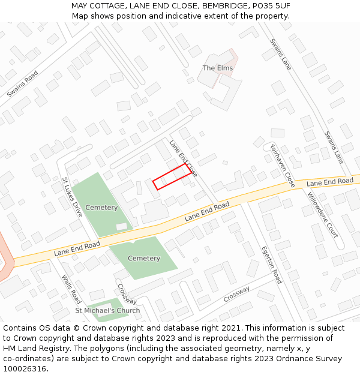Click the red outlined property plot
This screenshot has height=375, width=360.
(173, 178)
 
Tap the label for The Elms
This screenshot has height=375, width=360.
(217, 68)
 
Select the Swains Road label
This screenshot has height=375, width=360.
(22, 84)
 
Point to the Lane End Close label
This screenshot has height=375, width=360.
(183, 158)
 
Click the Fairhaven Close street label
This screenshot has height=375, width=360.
(282, 165)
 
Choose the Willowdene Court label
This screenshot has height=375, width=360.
(323, 215)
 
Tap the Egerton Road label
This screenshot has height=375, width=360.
(271, 265)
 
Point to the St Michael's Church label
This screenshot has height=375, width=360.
(107, 311)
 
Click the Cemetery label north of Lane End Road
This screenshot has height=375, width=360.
(101, 208)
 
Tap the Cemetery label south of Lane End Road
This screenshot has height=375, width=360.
(144, 259)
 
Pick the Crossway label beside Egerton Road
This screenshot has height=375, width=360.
(236, 294)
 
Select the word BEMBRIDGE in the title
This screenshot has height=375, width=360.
(225, 6)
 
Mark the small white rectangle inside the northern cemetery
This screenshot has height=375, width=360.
(122, 227)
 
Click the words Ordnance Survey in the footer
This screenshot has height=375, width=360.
(311, 358)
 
